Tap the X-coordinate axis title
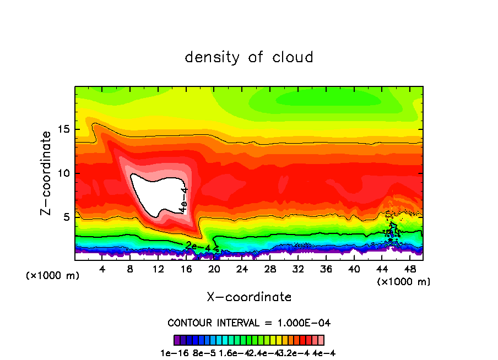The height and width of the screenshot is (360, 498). (249, 297)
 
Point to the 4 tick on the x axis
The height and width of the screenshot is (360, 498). (102, 269)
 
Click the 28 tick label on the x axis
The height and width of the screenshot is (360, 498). (270, 269)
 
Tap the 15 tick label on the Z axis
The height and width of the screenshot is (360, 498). (64, 130)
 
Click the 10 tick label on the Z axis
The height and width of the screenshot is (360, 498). (64, 173)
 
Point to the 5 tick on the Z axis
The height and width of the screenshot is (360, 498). (67, 217)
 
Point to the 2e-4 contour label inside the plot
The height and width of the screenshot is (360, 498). (197, 244)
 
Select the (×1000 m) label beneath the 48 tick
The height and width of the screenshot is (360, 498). (403, 281)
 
